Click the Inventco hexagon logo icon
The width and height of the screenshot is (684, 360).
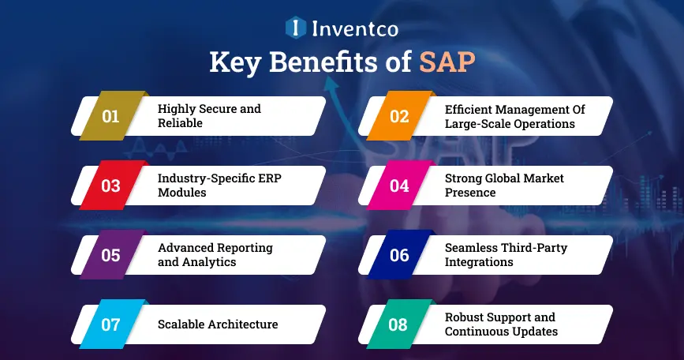295,28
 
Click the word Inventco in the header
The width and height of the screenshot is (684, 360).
353,29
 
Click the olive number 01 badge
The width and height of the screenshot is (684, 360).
110,117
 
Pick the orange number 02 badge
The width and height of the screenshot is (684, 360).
398,117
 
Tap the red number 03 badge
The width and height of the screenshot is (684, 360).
110,186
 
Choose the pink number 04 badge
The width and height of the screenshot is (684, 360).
398,186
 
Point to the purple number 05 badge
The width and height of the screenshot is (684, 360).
110,255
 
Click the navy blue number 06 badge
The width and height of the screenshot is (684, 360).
398,255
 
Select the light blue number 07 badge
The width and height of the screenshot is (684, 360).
110,324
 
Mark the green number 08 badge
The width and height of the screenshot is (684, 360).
398,324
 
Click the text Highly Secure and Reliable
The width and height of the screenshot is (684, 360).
208,116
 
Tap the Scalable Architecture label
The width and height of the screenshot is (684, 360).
218,324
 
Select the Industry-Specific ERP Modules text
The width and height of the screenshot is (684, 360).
219,186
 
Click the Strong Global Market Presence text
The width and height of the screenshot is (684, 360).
504,186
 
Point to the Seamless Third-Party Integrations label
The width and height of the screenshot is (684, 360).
506,254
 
